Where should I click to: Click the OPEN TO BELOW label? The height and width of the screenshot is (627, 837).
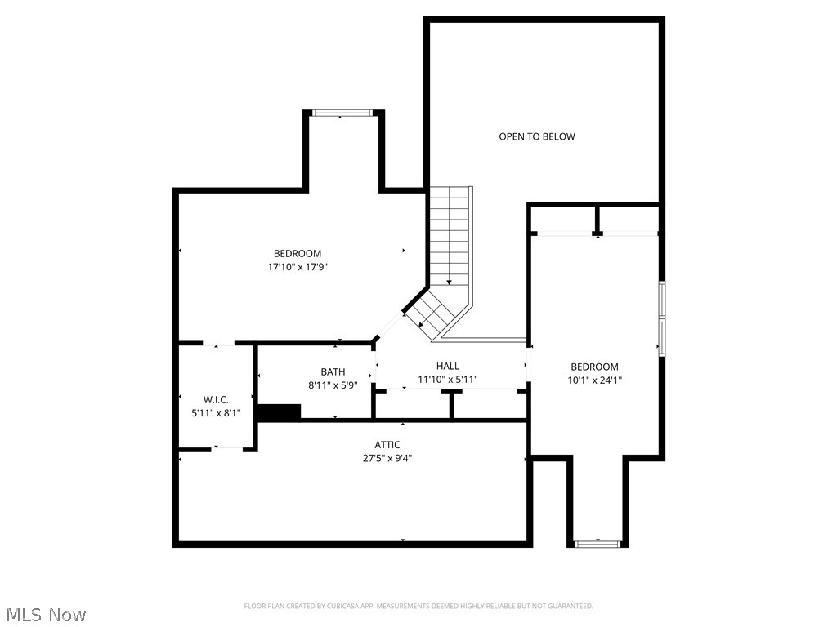(537, 136)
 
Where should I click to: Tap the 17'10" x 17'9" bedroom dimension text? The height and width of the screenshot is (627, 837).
(297, 267)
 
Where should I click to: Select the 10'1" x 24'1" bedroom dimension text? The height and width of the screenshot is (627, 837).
(594, 380)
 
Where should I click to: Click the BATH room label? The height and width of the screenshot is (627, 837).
(333, 371)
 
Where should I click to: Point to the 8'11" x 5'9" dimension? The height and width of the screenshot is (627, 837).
(333, 385)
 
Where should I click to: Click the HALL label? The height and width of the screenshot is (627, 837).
(448, 366)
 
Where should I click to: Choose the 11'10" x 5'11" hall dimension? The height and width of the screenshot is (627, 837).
(448, 380)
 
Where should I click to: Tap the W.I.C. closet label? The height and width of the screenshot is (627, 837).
(216, 399)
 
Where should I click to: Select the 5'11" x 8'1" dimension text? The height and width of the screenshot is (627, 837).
(216, 413)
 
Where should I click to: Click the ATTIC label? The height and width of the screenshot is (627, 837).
(387, 445)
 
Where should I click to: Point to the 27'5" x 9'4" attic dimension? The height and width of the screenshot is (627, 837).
(387, 458)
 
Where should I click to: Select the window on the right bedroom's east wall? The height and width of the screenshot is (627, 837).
(662, 318)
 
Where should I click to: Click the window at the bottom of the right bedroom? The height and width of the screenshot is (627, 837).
(598, 543)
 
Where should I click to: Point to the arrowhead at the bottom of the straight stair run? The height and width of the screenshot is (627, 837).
(449, 282)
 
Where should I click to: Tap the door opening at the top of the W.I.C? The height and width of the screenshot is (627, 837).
(217, 344)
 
